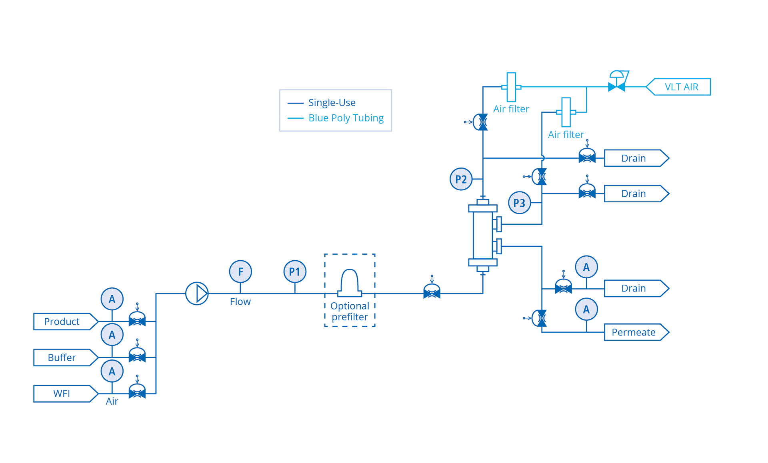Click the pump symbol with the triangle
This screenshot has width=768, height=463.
coord(197,293)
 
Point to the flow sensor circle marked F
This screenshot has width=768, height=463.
coord(240,271)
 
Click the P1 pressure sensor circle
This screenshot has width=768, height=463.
coord(295,271)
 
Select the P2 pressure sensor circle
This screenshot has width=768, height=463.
coord(461,179)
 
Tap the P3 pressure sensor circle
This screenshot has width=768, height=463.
coord(519,203)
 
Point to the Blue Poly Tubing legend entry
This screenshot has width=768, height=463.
coord(346,118)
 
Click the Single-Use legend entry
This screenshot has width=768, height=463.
coord(332,103)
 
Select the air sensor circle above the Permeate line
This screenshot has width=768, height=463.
coord(586,309)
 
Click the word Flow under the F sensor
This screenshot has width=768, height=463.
coord(240,301)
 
